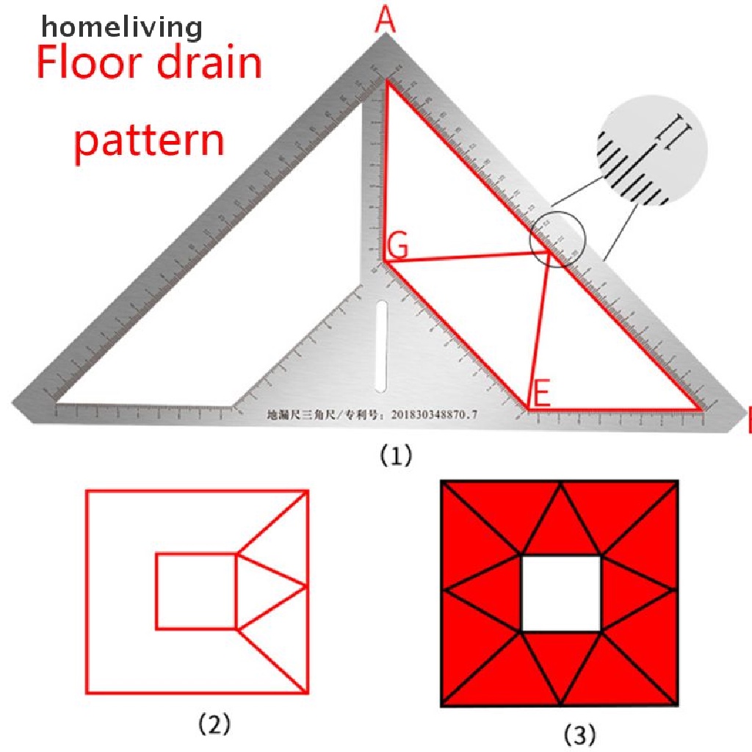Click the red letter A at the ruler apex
385,21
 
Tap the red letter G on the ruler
397,247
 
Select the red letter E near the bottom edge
540,394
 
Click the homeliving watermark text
121,28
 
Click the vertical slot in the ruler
380,345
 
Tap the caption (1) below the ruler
396,456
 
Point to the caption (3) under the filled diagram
579,734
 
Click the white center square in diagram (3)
561,593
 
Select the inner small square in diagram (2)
196,591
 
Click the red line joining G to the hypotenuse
470,256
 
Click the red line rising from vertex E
540,330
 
